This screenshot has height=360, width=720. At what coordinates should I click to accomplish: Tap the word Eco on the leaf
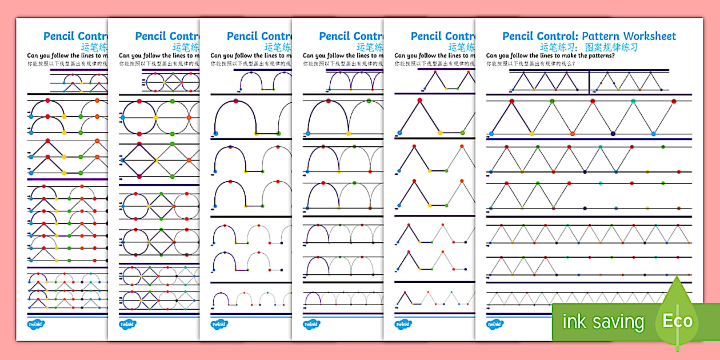[x=677, y=321]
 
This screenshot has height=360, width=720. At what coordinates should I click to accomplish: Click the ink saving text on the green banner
[x=603, y=322]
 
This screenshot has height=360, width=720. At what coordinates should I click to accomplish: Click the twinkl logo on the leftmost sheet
[x=37, y=324]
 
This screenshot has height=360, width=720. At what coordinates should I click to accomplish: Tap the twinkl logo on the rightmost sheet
[x=495, y=324]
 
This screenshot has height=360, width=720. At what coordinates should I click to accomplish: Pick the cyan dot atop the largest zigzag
[x=633, y=101]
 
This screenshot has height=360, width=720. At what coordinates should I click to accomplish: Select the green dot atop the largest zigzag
[x=553, y=101]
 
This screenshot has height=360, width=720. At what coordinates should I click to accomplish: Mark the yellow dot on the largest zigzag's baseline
[x=532, y=134]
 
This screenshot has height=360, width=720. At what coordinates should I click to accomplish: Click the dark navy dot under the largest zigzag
[x=613, y=134]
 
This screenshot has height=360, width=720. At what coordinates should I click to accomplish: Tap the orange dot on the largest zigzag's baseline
[x=573, y=134]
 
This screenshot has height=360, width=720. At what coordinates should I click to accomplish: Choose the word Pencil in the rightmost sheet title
[x=521, y=36]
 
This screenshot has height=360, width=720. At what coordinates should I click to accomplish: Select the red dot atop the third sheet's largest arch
[x=235, y=102]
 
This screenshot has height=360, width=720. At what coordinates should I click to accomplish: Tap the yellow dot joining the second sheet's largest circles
[x=155, y=118]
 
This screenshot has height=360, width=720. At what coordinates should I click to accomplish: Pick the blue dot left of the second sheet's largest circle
[x=121, y=118]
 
